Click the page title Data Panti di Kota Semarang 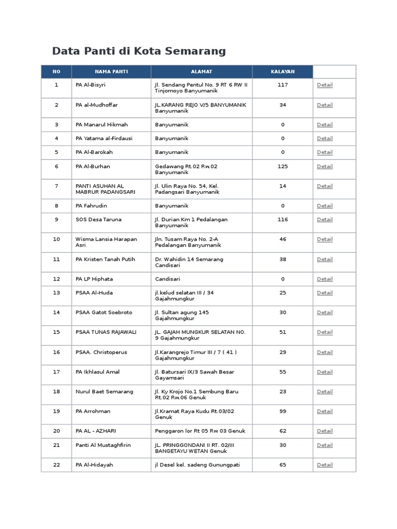click(x=139, y=51)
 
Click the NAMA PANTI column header click(x=111, y=72)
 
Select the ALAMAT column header click(x=202, y=72)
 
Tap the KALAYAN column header click(x=283, y=72)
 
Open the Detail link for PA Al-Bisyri click(x=325, y=85)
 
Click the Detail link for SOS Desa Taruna click(x=325, y=220)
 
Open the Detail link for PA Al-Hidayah click(x=325, y=465)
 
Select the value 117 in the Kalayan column click(x=283, y=85)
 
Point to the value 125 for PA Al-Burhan click(x=283, y=166)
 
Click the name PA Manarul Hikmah click(x=102, y=125)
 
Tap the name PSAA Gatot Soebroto click(x=104, y=313)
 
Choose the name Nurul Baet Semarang click(x=104, y=392)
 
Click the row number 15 click(x=56, y=332)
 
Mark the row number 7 click(x=56, y=186)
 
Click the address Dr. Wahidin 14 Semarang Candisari click(x=189, y=262)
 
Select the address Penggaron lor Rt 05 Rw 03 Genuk click(x=200, y=431)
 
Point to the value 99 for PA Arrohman click(x=283, y=411)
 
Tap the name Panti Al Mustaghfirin click(x=104, y=445)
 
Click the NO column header click(x=56, y=72)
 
